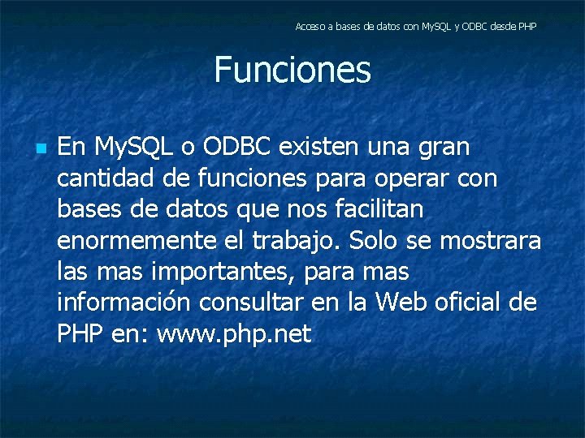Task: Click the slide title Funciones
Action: pyautogui.click(x=292, y=70)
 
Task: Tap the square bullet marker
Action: pyautogui.click(x=41, y=149)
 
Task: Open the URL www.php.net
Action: pyautogui.click(x=234, y=334)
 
